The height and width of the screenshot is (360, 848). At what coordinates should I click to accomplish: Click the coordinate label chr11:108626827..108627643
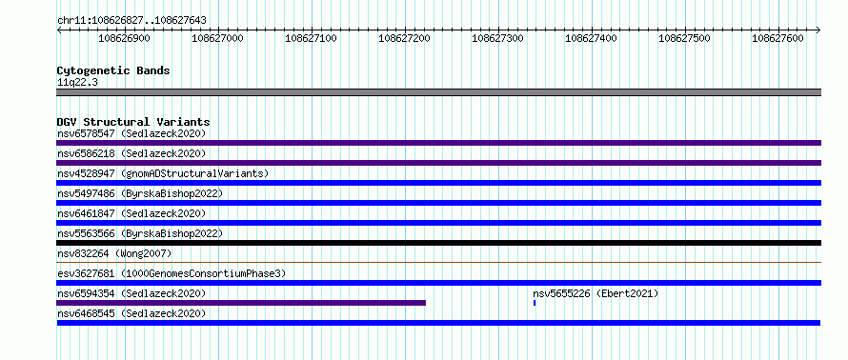point(131,21)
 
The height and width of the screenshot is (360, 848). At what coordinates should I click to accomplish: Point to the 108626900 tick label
point(125,38)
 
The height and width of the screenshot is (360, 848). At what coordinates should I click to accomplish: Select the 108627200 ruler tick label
point(405,38)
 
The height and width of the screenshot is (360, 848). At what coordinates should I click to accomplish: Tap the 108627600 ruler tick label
point(778,38)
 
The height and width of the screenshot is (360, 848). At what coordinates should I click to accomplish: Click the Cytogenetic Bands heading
point(113,70)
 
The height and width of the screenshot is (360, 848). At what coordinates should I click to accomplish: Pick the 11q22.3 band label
point(77,83)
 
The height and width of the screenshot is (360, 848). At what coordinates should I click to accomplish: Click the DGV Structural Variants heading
point(133,122)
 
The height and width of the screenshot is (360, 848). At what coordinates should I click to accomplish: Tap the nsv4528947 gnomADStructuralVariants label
point(163,173)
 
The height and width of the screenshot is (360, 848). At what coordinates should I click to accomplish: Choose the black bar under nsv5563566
point(438,243)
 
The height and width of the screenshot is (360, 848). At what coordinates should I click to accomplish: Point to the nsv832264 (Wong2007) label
point(114,253)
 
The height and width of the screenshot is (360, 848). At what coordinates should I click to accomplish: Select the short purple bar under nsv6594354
point(241,303)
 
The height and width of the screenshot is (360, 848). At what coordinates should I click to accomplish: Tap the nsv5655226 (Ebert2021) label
point(596,293)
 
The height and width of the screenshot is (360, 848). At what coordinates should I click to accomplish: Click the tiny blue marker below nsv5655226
point(535,303)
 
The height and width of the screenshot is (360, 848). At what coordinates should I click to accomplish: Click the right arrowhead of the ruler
point(819,30)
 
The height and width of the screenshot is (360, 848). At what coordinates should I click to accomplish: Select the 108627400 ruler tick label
point(591,38)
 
